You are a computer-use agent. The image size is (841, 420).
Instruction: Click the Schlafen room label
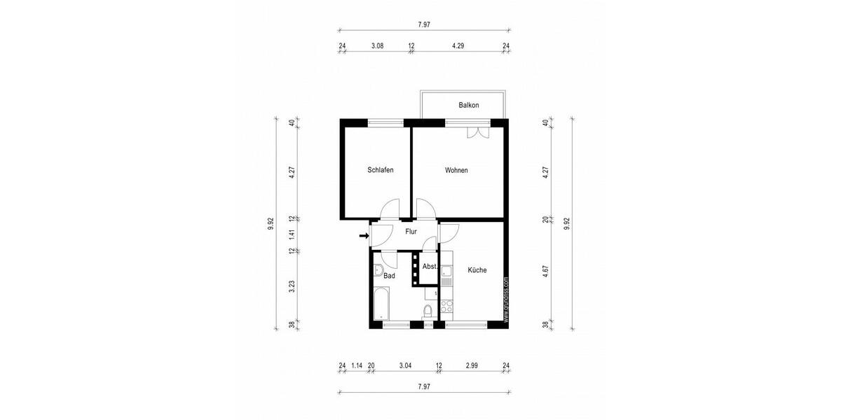click(x=381, y=170)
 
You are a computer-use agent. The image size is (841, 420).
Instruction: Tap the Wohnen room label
click(x=456, y=170)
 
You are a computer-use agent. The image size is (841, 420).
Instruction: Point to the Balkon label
click(x=469, y=105)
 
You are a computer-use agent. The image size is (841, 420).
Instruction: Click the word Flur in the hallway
click(x=411, y=231)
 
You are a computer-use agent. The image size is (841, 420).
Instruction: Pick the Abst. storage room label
click(x=430, y=267)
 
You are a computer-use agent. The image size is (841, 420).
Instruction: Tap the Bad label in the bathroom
click(x=389, y=276)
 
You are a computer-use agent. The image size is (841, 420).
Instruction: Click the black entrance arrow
click(x=363, y=237)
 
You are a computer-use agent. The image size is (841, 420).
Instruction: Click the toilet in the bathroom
click(x=428, y=311)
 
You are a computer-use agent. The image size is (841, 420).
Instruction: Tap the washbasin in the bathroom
click(x=378, y=269)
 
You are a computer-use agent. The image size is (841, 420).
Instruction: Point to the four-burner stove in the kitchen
click(x=447, y=305)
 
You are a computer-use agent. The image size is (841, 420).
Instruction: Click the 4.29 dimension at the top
click(x=458, y=46)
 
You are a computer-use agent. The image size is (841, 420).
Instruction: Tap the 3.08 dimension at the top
click(x=376, y=46)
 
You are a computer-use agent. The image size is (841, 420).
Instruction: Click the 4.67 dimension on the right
click(x=545, y=269)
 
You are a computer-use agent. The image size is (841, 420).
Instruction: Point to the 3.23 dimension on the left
click(x=292, y=286)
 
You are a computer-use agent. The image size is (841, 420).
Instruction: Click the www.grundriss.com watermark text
click(x=505, y=298)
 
